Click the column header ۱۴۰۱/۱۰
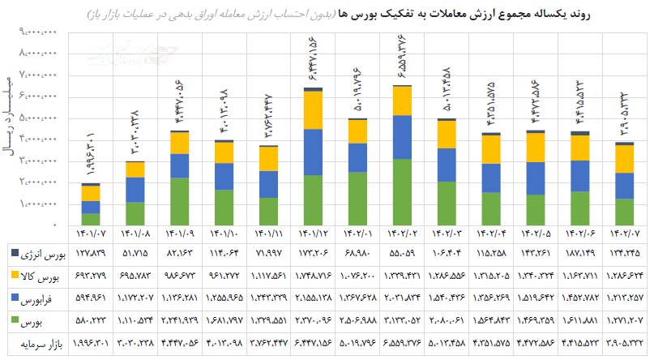[224, 234]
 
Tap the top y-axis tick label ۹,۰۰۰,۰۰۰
[38, 32]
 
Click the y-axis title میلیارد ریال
[11, 122]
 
